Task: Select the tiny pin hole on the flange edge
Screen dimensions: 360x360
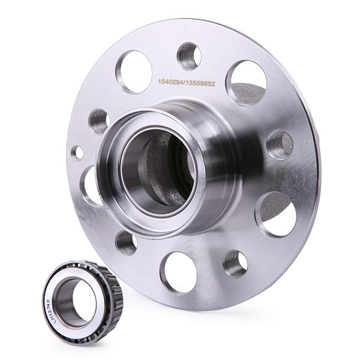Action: point(77,152)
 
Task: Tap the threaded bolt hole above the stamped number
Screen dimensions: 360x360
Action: point(189,55)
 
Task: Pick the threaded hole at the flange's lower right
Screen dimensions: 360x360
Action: point(235,263)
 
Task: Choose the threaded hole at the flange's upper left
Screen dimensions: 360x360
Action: point(100,120)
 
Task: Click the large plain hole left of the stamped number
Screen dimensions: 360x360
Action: point(134,71)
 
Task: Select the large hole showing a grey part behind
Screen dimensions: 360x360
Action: point(247,82)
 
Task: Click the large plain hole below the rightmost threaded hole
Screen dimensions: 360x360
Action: point(278,214)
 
